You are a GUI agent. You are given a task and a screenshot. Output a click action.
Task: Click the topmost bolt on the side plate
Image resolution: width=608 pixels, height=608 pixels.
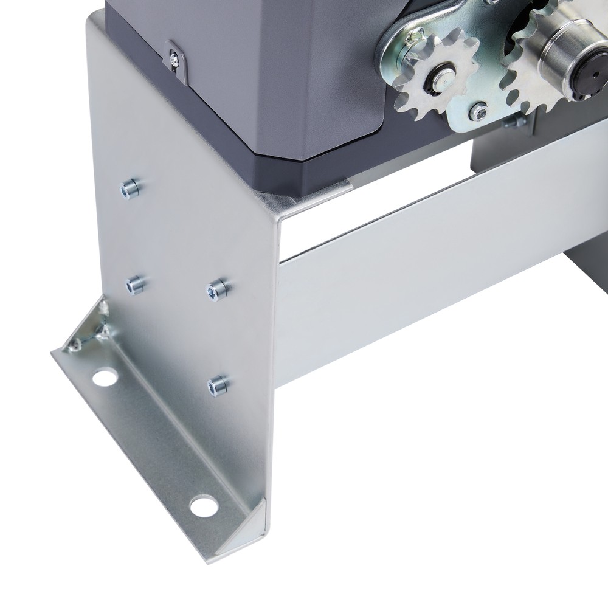130,188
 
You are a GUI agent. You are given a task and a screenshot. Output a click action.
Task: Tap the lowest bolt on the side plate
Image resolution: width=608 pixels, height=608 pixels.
218,384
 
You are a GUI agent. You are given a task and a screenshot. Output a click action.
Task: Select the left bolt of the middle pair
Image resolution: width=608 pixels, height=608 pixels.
135,284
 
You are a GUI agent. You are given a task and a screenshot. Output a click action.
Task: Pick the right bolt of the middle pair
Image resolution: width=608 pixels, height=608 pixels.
216,289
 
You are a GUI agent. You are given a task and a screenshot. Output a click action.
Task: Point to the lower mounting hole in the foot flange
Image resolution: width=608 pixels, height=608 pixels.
202,504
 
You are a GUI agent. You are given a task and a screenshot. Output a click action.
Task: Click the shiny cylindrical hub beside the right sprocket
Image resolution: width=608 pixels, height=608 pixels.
562,58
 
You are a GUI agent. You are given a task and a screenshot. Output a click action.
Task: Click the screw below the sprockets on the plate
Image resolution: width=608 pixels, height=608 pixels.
479,111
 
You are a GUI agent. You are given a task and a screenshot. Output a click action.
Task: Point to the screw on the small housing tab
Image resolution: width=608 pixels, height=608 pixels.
174,59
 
